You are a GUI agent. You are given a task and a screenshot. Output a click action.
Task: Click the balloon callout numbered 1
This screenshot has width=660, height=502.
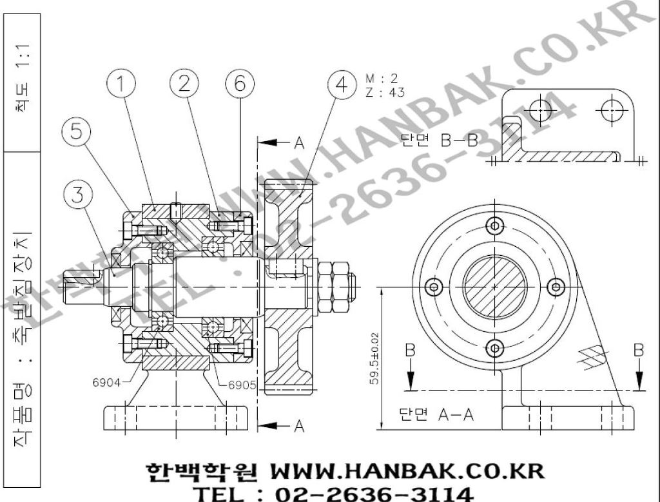click(x=121, y=84)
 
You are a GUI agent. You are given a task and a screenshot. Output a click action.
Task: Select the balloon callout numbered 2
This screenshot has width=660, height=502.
click(x=184, y=84)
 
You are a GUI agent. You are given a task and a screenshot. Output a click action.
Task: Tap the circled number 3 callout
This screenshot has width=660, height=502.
click(x=78, y=195)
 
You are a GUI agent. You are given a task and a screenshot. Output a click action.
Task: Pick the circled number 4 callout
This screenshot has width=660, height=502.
click(x=342, y=84)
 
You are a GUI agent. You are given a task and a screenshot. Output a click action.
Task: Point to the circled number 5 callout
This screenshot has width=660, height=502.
click(x=76, y=131)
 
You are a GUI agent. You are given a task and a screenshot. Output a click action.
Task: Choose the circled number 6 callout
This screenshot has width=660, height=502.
click(x=240, y=84)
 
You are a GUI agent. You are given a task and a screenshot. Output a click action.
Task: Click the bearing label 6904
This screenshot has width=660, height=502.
click(x=106, y=382)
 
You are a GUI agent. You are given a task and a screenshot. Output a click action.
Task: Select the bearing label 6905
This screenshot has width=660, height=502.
click(x=242, y=385)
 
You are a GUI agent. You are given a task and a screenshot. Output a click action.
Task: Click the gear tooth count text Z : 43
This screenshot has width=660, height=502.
click(x=385, y=92)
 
